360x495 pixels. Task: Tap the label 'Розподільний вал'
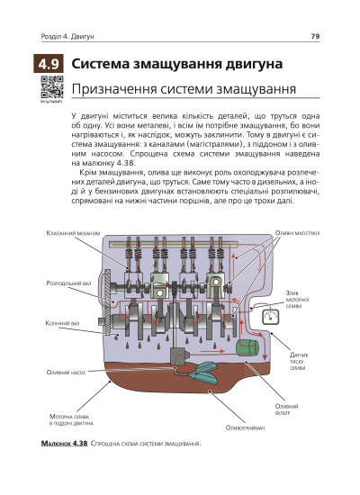(x=67, y=282)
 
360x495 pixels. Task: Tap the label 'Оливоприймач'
(x=246, y=427)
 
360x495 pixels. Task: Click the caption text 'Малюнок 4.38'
(x=63, y=445)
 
